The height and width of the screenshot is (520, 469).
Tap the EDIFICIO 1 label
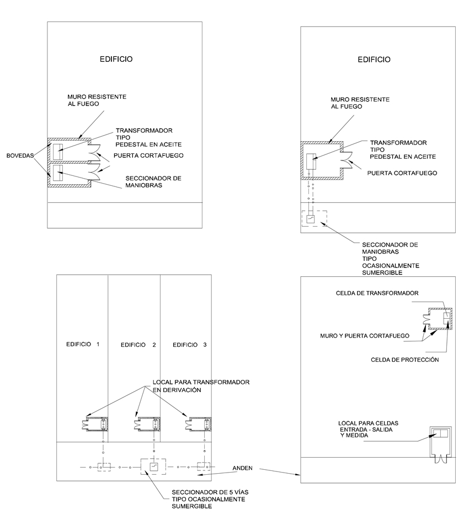tap(83, 345)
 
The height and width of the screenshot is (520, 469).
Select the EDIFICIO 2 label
tap(138, 345)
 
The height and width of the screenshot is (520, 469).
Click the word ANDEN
tap(243, 468)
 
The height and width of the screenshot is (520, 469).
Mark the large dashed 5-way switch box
tap(153, 467)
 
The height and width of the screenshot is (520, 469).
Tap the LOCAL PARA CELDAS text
tap(369, 429)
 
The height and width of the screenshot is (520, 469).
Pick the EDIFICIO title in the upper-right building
tap(374, 60)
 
